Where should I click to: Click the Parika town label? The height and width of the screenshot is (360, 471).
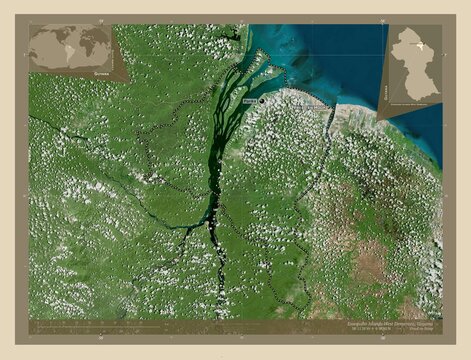248,102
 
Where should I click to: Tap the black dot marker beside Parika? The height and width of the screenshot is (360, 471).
259,100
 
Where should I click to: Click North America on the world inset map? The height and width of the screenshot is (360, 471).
47,37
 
